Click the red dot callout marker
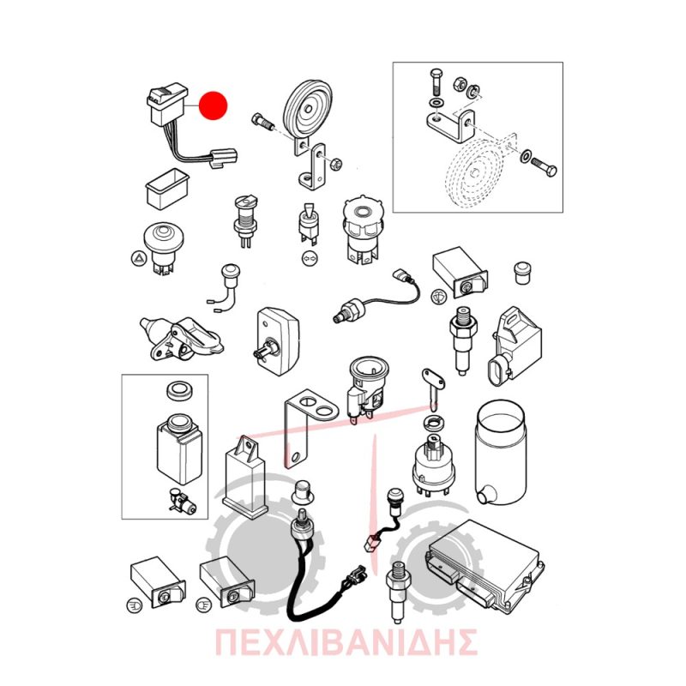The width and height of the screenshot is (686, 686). [x=213, y=105]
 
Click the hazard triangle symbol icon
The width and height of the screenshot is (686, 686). [x=137, y=259]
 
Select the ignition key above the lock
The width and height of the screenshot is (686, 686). [x=433, y=388]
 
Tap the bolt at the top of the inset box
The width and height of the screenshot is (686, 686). [x=436, y=82]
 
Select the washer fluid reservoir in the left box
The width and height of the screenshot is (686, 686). [x=179, y=448]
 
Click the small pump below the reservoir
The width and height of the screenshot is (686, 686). [x=183, y=502]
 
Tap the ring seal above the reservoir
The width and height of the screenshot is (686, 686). [x=181, y=391]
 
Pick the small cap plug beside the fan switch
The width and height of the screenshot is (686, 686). [x=522, y=273]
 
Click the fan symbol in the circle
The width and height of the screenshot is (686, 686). [x=437, y=296]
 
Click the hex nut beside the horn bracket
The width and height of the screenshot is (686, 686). [x=335, y=164]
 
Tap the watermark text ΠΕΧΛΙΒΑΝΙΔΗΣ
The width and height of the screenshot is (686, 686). [x=346, y=642]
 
